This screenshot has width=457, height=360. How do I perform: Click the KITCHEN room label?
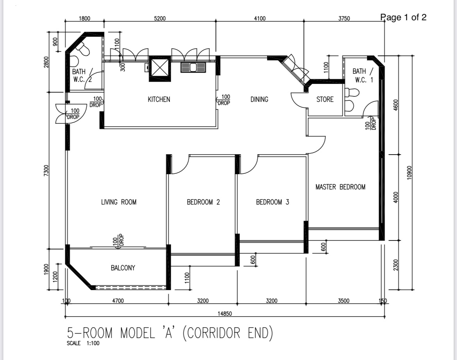pyautogui.click(x=159, y=100)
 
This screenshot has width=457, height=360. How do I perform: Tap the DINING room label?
pyautogui.click(x=259, y=100)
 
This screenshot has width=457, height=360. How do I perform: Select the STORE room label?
pyautogui.click(x=325, y=100)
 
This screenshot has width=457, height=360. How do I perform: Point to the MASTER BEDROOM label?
pyautogui.click(x=340, y=187)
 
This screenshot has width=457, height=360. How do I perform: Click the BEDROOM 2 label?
pyautogui.click(x=203, y=202)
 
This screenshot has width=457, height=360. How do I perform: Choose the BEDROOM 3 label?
pyautogui.click(x=272, y=202)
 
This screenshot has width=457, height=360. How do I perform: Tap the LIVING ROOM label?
pyautogui.click(x=119, y=202)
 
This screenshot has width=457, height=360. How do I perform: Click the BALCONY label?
pyautogui.click(x=123, y=268)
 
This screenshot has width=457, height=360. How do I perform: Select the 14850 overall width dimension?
pyautogui.click(x=225, y=314)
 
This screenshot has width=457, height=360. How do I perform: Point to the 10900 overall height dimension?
pyautogui.click(x=409, y=172)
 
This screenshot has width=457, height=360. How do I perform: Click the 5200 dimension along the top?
pyautogui.click(x=159, y=18)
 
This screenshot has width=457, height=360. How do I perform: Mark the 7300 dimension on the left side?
pyautogui.click(x=46, y=171)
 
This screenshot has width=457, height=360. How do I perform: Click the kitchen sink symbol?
pyautogui.click(x=193, y=68)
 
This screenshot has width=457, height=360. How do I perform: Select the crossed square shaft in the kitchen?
pyautogui.click(x=160, y=68)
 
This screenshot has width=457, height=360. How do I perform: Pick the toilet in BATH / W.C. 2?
pyautogui.click(x=83, y=48)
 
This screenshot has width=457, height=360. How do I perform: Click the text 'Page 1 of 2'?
pyautogui.click(x=403, y=17)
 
